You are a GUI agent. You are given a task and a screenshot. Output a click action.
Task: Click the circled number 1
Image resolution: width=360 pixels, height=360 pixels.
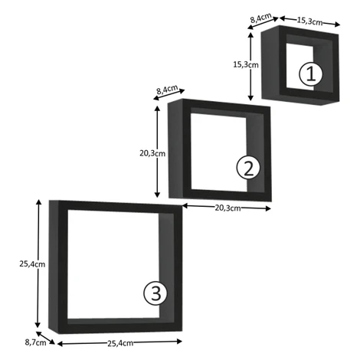(311, 74)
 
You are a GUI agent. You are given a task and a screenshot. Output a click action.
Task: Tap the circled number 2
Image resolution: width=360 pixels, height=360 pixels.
(248, 167)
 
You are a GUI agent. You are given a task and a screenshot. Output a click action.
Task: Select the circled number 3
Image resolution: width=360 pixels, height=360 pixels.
(155, 293)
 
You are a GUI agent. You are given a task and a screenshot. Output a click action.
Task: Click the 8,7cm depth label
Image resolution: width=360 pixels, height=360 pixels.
(35, 342)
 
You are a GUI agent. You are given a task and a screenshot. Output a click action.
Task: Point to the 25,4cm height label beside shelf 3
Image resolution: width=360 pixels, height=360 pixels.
(32, 264)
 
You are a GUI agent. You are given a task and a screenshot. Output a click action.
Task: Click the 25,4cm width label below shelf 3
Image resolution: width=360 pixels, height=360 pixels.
(120, 343)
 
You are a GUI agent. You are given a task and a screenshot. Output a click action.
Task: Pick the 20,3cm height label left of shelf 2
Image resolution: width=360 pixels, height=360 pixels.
(152, 153)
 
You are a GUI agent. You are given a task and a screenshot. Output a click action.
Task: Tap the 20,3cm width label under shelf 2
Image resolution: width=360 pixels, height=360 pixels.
(227, 208)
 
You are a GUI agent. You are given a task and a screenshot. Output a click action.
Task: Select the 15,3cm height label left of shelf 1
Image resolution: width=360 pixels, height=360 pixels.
(246, 64)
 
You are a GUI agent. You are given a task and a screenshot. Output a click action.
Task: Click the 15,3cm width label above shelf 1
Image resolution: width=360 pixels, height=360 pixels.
(309, 21)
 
